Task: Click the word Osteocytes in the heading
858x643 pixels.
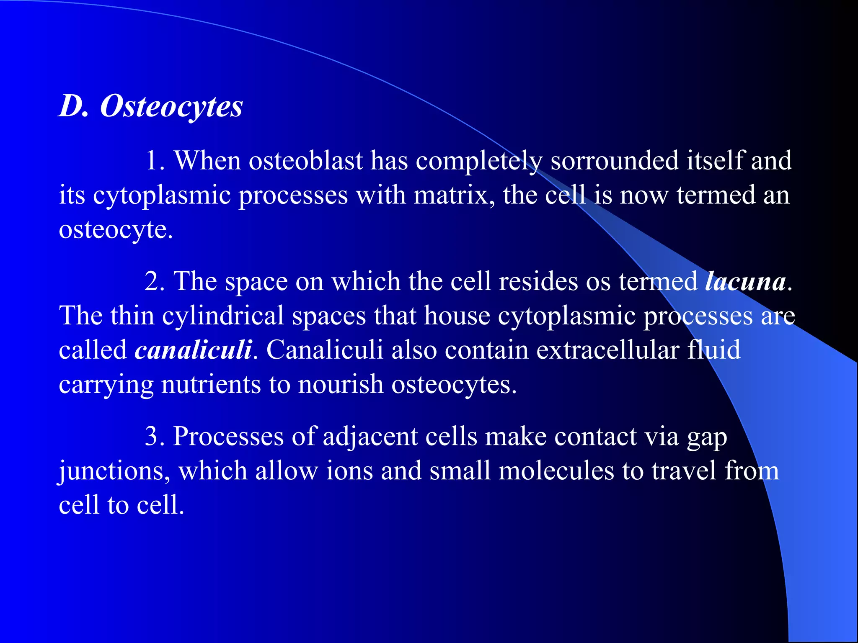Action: click(x=171, y=106)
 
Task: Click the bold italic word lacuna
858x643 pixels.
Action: click(x=745, y=282)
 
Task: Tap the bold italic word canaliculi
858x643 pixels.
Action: click(x=193, y=350)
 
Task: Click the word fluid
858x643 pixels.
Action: click(x=713, y=350)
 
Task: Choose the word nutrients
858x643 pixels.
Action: click(x=211, y=385)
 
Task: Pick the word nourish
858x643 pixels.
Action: click(x=341, y=385)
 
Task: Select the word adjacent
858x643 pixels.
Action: click(x=370, y=437)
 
